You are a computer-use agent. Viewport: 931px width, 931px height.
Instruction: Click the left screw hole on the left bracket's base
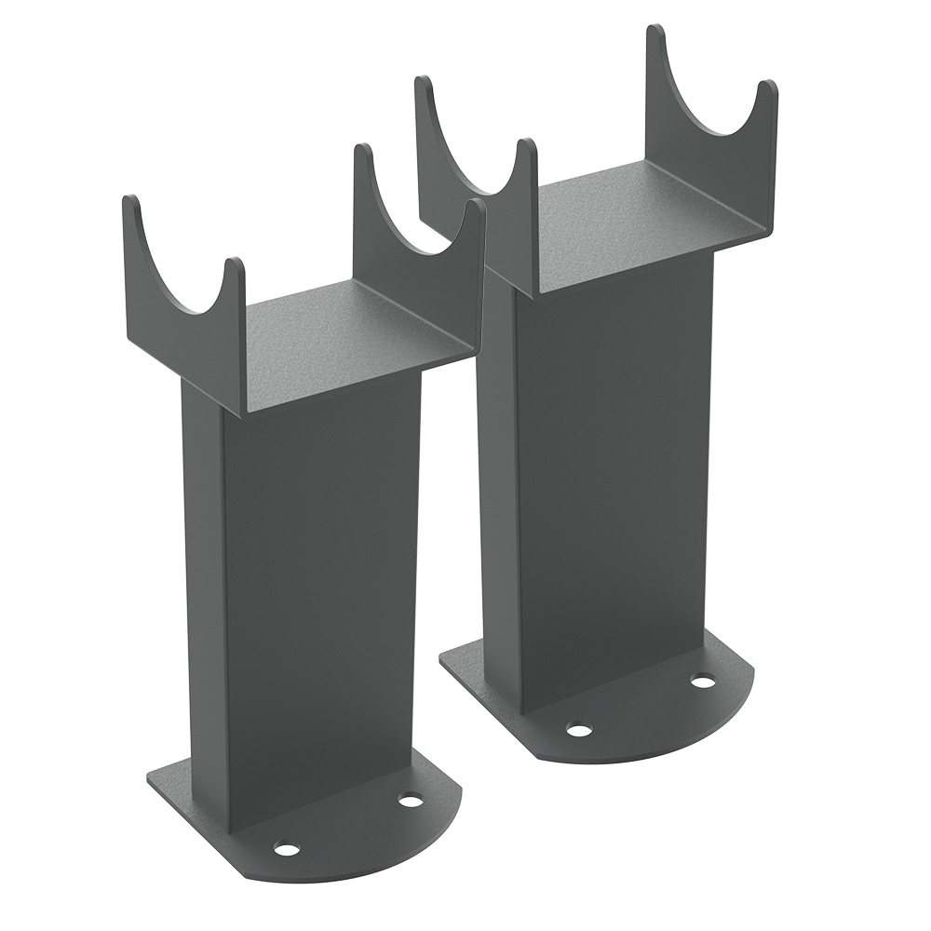287,848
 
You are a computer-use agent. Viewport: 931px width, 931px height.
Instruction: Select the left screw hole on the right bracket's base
579,730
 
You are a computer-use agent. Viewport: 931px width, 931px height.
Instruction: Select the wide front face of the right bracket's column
614,475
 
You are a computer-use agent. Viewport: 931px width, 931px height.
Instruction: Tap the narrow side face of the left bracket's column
203,577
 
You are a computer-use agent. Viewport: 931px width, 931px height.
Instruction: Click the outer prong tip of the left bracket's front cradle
130,200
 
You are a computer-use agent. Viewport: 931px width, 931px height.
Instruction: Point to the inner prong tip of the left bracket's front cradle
235,263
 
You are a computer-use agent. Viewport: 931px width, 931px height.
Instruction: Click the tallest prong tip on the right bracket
656,30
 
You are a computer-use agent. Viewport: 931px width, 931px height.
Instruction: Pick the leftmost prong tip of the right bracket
424,81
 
